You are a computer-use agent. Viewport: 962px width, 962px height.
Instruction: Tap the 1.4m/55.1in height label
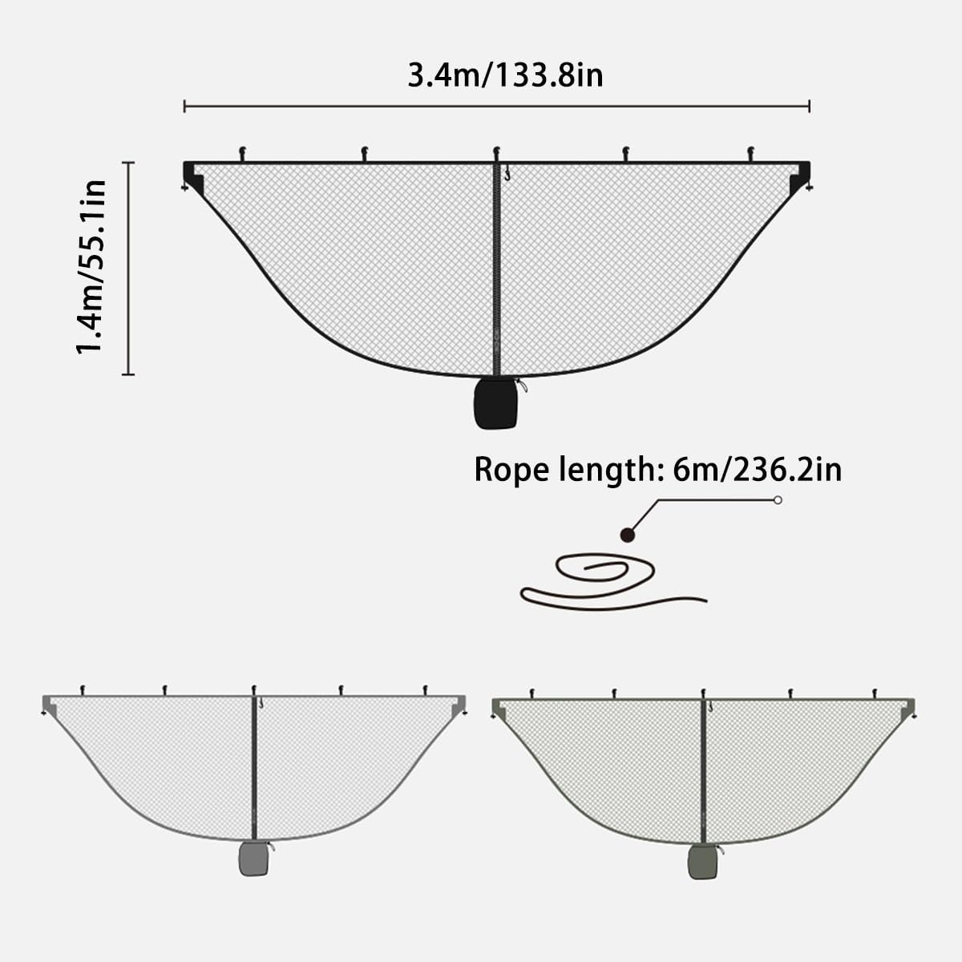point(91,267)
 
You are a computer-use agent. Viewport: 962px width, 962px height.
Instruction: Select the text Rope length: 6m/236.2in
point(657,469)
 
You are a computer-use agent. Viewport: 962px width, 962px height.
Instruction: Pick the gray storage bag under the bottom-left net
point(254,859)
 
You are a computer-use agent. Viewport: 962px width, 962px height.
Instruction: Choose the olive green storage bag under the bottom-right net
point(703,862)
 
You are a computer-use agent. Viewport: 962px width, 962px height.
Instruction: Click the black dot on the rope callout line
point(629,534)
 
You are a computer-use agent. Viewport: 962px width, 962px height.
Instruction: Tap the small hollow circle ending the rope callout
point(777,500)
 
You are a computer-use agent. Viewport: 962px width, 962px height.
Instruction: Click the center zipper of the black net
point(496,265)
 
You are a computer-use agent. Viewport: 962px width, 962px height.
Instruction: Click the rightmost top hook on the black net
point(751,152)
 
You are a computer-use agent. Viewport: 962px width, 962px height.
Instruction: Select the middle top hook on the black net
point(496,152)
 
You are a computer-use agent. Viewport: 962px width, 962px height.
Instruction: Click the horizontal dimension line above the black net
point(497,106)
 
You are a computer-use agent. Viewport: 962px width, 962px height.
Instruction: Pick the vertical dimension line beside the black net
point(128,267)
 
